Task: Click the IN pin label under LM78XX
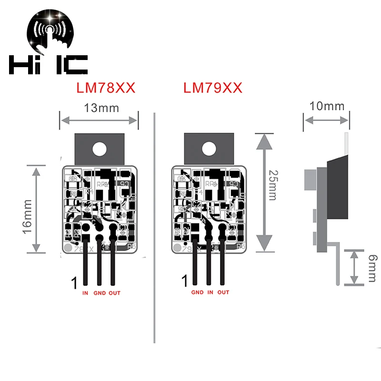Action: click(85, 293)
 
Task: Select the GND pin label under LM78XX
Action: click(100, 293)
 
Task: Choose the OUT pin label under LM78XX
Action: click(114, 293)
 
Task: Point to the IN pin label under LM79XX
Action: click(211, 292)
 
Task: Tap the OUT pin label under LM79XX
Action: click(223, 292)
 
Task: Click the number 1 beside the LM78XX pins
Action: click(74, 283)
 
